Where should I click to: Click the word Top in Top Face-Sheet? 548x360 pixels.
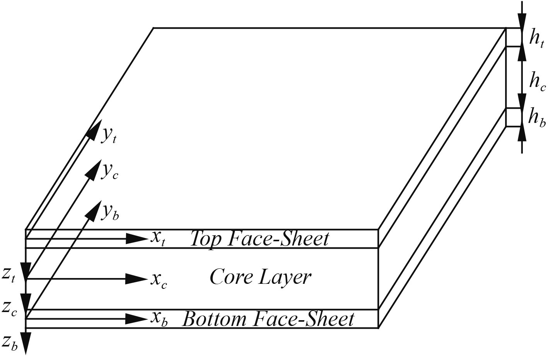point(207,239)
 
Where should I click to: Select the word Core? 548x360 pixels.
point(228,277)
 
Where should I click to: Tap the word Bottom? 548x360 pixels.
point(214,319)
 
